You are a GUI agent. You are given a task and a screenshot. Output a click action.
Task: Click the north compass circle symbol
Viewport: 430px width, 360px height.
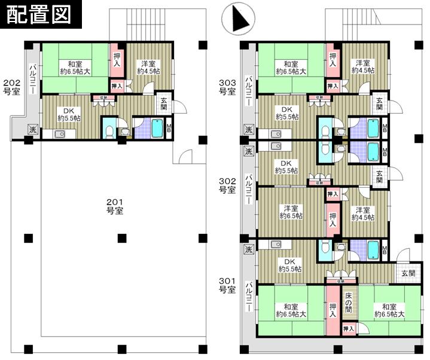(234, 19)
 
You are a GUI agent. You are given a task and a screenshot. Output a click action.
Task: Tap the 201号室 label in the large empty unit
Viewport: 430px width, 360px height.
(115, 207)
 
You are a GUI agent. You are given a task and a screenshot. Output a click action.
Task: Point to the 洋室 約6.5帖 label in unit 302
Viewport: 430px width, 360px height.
(291, 212)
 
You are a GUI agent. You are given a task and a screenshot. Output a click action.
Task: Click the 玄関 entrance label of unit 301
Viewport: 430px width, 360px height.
(408, 273)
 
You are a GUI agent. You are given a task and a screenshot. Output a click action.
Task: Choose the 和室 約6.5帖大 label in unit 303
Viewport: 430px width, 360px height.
(291, 68)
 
